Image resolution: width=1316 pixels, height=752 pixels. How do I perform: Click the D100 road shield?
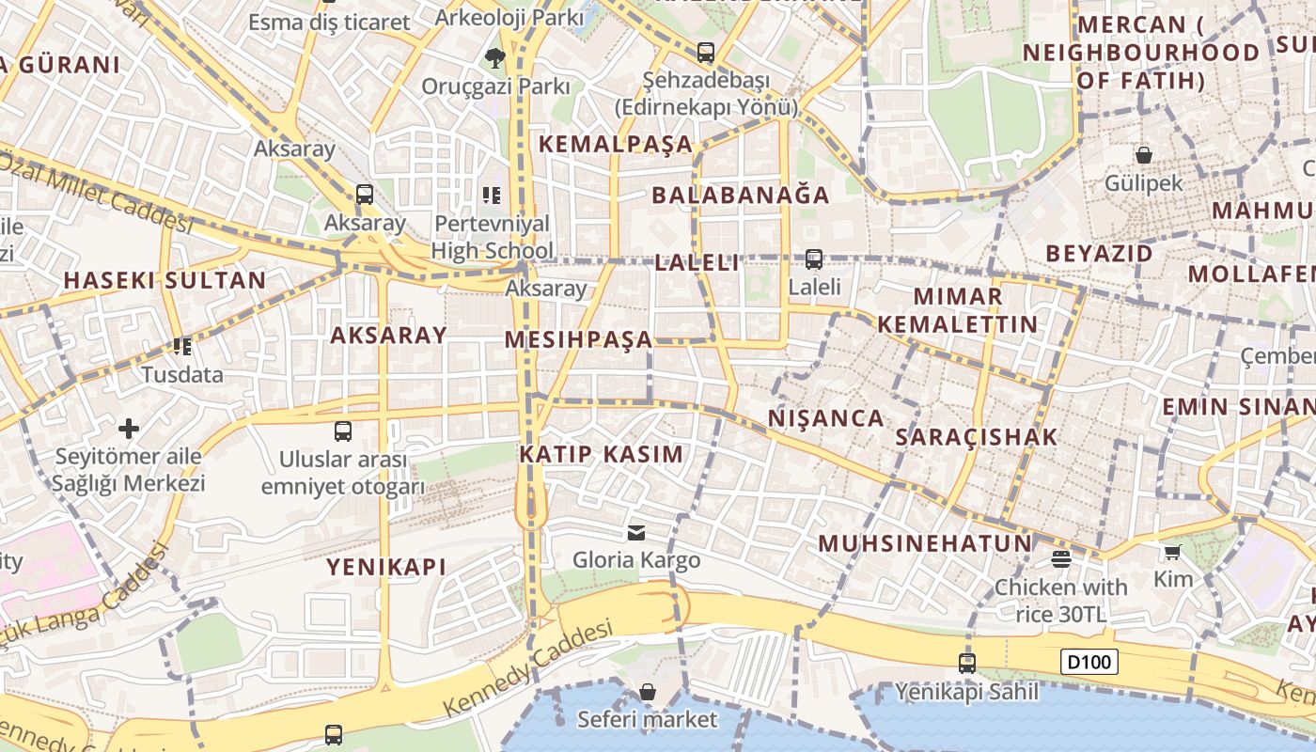(x=1090, y=662)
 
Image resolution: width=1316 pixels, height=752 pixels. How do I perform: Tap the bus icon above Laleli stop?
(x=814, y=258)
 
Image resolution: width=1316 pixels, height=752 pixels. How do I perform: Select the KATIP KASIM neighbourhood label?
(x=602, y=454)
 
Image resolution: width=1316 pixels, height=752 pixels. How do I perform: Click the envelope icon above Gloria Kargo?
(x=636, y=533)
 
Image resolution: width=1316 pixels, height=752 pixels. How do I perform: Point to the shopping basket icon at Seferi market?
(x=647, y=693)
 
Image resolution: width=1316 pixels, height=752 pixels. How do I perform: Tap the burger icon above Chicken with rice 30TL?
(x=1061, y=559)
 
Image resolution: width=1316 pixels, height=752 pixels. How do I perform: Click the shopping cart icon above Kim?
(x=1172, y=552)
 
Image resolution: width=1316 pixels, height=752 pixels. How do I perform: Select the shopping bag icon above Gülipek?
(x=1144, y=155)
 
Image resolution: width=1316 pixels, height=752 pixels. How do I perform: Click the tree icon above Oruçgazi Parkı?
(x=495, y=58)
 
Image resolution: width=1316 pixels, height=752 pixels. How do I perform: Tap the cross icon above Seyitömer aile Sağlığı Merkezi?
(x=129, y=430)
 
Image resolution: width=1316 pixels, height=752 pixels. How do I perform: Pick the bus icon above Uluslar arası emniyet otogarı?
(x=343, y=431)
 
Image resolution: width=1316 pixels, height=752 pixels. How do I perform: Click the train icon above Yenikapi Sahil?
(x=967, y=663)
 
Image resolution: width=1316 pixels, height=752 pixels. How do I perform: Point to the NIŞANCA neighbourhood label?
(x=826, y=418)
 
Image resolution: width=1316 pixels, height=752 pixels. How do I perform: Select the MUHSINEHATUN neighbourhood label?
(x=925, y=543)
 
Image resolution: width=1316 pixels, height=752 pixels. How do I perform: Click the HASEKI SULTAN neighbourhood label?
(x=164, y=280)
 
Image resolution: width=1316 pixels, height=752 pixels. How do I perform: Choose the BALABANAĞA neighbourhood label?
(x=741, y=196)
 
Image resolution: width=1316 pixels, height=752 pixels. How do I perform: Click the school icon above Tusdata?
(x=182, y=347)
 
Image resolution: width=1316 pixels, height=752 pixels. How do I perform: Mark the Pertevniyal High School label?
(x=492, y=237)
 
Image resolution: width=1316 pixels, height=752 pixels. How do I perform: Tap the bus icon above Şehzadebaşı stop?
(x=705, y=53)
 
